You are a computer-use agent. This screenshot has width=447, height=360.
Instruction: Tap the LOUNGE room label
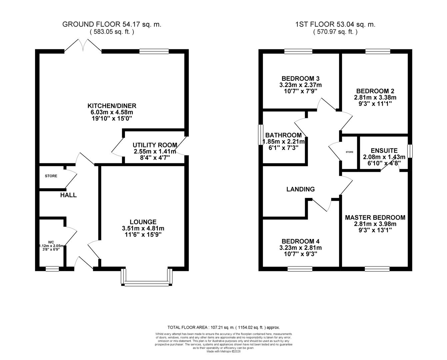pos(143,222)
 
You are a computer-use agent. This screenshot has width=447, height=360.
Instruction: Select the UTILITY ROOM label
pos(155,145)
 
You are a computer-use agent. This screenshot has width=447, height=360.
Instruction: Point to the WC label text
pos(51,242)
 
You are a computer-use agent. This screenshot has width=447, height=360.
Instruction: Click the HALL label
pos(68,195)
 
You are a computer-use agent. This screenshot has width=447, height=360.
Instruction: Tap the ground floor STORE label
pos(51,176)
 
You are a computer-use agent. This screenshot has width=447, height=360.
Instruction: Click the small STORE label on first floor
pos(349,152)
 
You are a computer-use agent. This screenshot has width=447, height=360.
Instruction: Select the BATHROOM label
pos(283,135)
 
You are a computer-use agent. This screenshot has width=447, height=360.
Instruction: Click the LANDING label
pos(300,189)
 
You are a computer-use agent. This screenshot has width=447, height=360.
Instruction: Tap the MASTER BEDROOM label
pos(375,217)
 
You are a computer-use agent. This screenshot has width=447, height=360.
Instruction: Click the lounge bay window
pos(147,284)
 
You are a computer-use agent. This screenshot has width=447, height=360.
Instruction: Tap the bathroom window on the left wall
pos(260,135)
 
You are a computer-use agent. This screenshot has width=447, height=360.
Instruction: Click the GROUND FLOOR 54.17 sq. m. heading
pos(112,24)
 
